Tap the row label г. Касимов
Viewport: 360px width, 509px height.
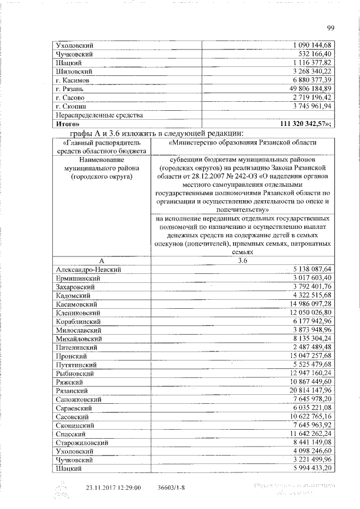73,80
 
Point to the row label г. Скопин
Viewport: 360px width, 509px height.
71,106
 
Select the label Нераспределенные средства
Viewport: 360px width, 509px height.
95,115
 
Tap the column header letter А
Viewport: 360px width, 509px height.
101,260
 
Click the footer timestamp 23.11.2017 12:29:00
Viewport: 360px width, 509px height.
112,488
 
